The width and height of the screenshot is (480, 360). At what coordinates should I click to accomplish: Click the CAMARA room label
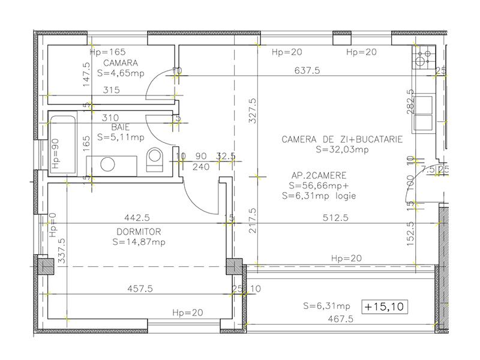pos(121,63)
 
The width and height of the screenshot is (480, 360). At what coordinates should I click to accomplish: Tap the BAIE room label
pos(121,127)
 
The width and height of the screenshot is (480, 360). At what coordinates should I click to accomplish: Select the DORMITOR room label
pos(139,232)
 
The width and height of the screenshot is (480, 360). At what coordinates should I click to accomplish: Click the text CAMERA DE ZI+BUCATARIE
pos(341,139)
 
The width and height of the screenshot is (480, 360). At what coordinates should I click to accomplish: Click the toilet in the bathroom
pos(155,160)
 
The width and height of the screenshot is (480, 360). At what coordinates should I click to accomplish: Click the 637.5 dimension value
pos(307,70)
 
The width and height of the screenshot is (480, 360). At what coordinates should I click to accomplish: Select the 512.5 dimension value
pos(335,218)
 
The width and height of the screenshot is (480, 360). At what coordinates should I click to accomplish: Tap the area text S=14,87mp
pos(139,242)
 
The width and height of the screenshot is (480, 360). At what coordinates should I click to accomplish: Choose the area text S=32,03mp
pos(341,149)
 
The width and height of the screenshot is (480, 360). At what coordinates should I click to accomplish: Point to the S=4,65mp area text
pos(121,73)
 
